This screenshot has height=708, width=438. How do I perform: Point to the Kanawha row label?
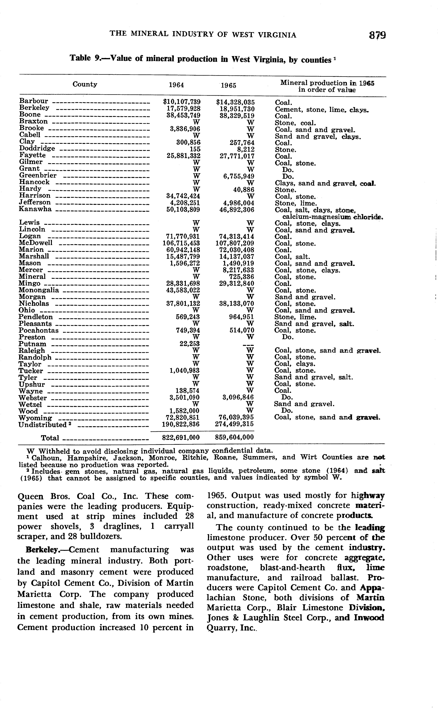pos(35,209)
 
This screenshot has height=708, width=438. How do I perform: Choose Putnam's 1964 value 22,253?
pos(190,344)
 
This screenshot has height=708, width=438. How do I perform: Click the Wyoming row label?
pos(35,418)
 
